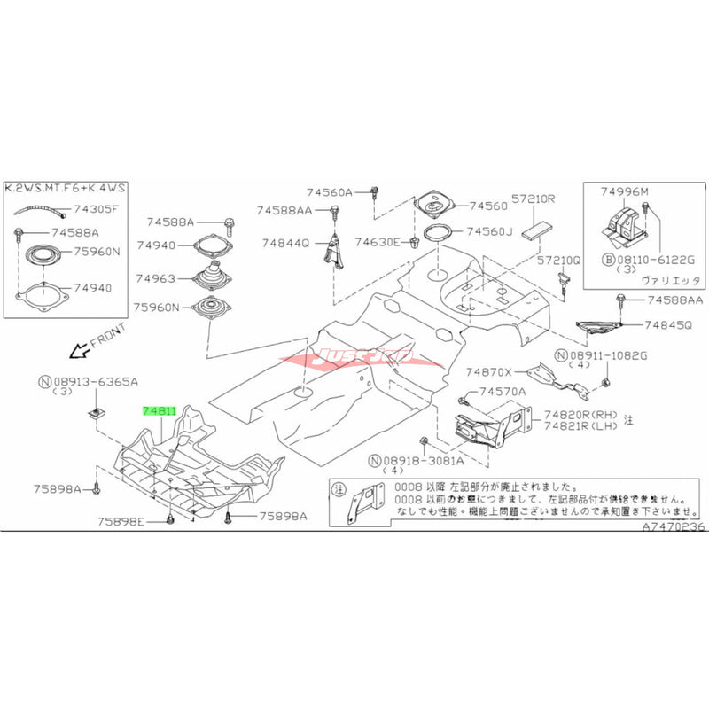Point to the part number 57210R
(533, 200)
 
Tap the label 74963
(157, 277)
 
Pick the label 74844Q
(284, 242)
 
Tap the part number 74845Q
(666, 325)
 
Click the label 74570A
(503, 391)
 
